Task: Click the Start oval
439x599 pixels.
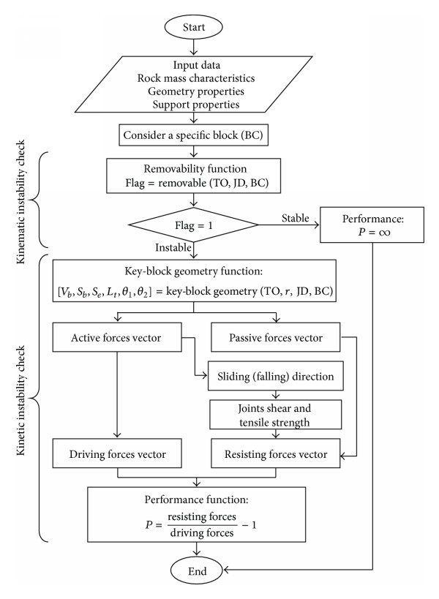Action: [193, 27]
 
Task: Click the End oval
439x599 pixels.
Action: [196, 571]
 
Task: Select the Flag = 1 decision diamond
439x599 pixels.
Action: [194, 225]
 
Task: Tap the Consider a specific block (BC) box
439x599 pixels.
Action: [193, 135]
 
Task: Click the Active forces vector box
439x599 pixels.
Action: [117, 337]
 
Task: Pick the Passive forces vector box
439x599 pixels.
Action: [276, 337]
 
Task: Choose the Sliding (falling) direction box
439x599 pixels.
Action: [276, 376]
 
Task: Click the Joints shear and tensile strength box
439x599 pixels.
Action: [276, 415]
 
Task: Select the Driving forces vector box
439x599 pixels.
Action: [117, 453]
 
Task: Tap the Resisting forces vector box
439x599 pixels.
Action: [276, 453]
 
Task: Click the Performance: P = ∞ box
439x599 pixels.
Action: [372, 225]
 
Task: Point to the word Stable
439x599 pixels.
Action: [296, 218]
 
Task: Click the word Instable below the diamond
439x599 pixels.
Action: [173, 247]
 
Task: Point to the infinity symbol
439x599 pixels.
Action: [383, 233]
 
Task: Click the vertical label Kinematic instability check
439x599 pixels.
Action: [20, 202]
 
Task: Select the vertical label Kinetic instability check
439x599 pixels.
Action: [20, 400]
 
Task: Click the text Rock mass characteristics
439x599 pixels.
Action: [196, 78]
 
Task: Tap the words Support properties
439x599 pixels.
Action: [196, 105]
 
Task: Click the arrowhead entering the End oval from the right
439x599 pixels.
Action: [226, 570]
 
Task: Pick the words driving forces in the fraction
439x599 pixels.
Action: [202, 532]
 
